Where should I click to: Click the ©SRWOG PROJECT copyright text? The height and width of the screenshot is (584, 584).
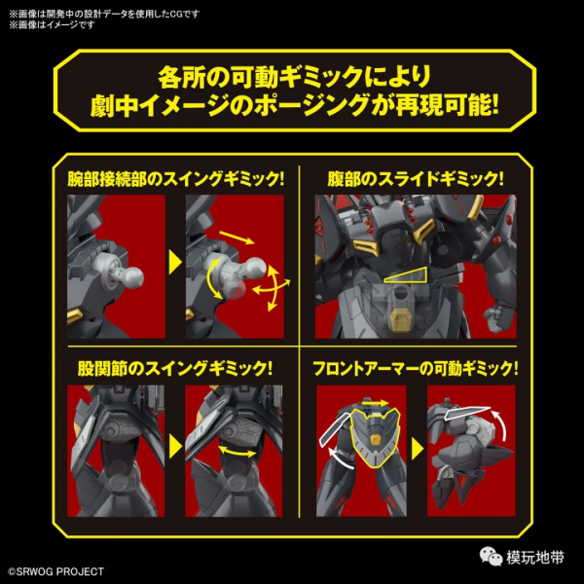(55, 571)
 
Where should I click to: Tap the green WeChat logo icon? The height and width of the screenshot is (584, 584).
(491, 556)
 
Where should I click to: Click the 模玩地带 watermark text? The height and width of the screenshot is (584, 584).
(534, 557)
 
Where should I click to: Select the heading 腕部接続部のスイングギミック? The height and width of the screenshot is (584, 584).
(176, 179)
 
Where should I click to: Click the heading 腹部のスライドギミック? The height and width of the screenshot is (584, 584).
(416, 179)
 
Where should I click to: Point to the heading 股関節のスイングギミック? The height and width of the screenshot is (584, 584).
(175, 368)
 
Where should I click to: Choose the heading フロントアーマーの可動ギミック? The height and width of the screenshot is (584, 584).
(416, 368)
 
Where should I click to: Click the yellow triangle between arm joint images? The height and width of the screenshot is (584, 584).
(175, 262)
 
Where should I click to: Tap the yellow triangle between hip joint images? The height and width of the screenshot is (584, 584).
(175, 446)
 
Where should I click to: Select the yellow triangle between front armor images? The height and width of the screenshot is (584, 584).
(418, 448)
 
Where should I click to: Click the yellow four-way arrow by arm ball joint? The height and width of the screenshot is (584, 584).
(273, 288)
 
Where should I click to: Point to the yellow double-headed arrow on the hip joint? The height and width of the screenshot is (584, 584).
(237, 451)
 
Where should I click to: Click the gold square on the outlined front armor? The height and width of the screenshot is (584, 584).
(375, 439)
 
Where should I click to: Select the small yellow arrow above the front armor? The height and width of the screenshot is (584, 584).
(375, 403)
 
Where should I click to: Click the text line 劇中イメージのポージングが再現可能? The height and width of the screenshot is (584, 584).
(294, 106)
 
